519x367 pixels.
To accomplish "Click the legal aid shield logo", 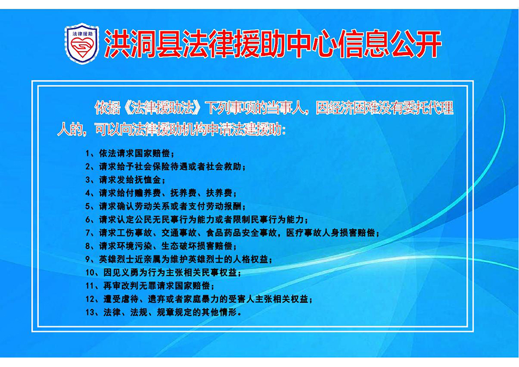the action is tap(82, 43).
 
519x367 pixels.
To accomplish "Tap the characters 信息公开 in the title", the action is tap(388, 44).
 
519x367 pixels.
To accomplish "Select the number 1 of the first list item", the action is tap(88, 153).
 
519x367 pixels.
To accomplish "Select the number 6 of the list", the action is tap(88, 220).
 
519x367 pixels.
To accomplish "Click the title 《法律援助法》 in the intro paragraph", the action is tap(162, 108).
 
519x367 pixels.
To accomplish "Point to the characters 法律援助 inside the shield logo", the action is tap(82, 34).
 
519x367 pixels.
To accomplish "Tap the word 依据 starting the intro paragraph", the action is tap(107, 108).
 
